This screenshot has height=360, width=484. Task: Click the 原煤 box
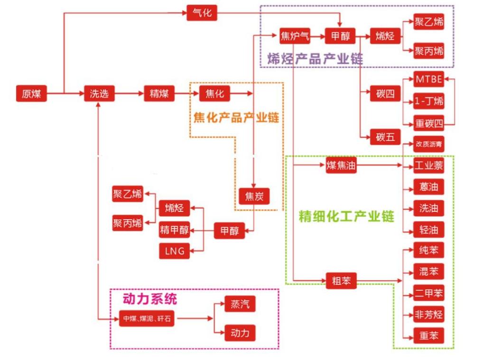click(31, 93)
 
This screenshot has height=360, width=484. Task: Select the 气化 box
click(202, 13)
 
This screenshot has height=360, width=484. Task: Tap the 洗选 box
click(99, 93)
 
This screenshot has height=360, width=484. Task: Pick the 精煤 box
click(159, 93)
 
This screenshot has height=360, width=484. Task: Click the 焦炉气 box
click(294, 36)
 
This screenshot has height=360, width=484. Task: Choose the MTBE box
click(428, 79)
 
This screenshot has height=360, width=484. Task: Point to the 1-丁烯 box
click(428, 101)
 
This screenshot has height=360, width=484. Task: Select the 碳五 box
click(385, 137)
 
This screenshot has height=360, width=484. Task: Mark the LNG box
click(174, 251)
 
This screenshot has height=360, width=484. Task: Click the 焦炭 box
click(254, 195)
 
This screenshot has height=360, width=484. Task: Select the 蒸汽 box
click(240, 304)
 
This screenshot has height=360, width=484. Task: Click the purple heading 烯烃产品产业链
click(315, 59)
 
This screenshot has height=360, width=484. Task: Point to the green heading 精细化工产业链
click(346, 217)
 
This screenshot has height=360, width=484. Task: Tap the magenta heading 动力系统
click(149, 299)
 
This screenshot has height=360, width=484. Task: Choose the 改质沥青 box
click(429, 144)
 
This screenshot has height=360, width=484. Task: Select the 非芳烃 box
click(428, 314)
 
